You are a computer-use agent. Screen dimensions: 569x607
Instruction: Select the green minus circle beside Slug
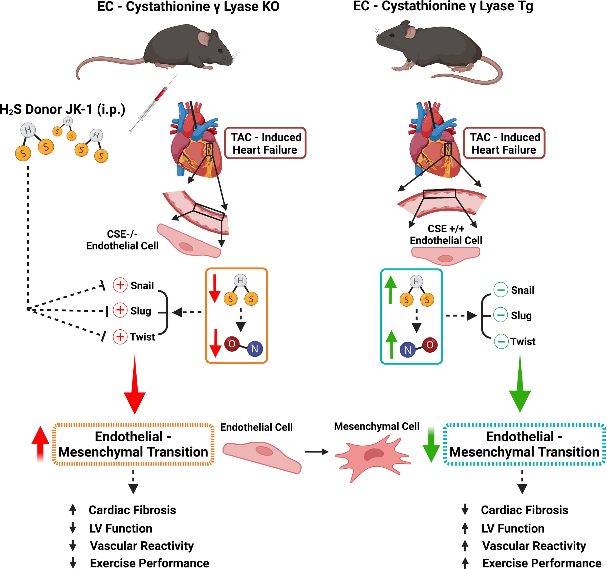[x=501, y=315]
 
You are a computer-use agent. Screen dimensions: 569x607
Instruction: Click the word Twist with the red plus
[x=142, y=337]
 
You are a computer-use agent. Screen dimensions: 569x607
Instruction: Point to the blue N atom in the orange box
[x=255, y=349]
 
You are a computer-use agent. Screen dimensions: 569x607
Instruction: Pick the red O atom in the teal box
[x=430, y=345]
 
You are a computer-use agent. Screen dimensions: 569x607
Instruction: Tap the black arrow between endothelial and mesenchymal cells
[x=317, y=452]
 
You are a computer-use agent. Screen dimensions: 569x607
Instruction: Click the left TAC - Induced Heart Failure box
[x=265, y=143]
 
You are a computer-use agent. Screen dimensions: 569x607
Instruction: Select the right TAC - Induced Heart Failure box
[x=504, y=143]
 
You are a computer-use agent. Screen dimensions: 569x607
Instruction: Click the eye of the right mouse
[x=392, y=35]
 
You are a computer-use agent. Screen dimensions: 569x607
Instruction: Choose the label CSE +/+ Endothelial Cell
[x=446, y=234]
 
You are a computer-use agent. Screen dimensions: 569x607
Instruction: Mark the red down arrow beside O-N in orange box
[x=215, y=343]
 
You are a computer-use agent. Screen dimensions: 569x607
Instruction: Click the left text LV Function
[x=121, y=528]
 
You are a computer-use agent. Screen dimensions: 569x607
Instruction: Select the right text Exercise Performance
[x=541, y=563]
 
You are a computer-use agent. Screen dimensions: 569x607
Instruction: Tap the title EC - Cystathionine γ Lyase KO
[x=188, y=7]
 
